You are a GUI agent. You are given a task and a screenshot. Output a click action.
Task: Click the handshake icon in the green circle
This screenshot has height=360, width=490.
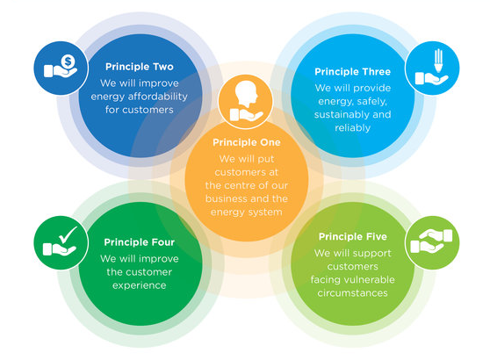(431, 241)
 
